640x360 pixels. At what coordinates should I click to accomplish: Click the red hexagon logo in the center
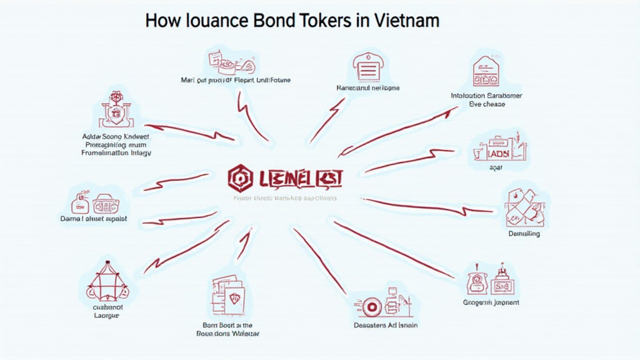pyautogui.click(x=241, y=179)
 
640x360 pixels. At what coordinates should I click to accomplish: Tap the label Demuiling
pyautogui.click(x=524, y=234)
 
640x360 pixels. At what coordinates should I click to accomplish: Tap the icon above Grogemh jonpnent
pyautogui.click(x=491, y=279)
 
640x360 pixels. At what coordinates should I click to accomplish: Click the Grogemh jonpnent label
pyautogui.click(x=491, y=302)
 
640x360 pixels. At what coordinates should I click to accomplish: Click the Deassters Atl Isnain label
pyautogui.click(x=385, y=325)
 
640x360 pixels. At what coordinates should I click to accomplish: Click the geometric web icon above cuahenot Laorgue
pyautogui.click(x=108, y=282)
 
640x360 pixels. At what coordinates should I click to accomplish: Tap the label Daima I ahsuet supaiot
pyautogui.click(x=94, y=219)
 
